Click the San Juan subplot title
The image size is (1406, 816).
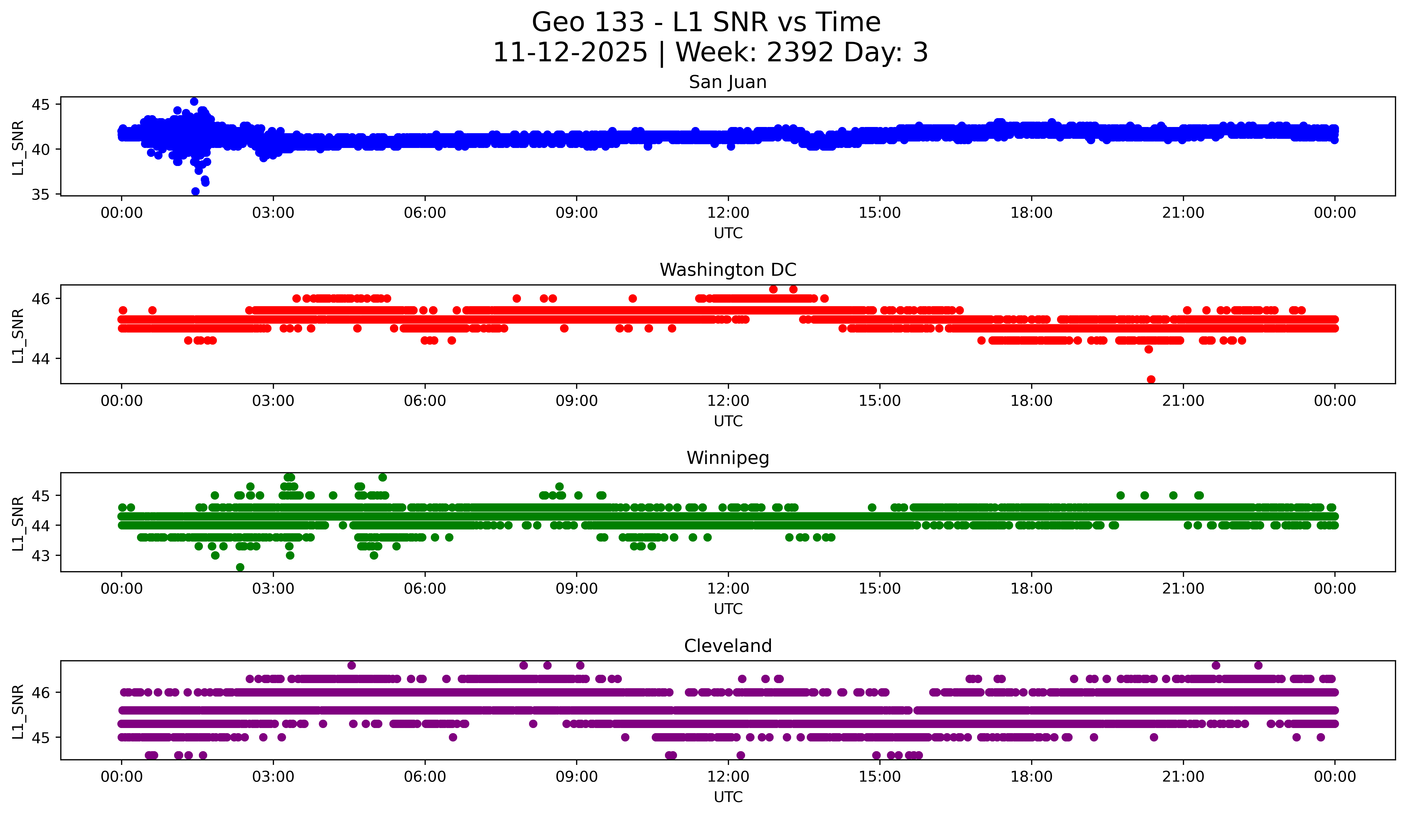pos(728,82)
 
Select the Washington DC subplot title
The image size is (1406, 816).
pos(728,270)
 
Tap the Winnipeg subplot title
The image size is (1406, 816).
pos(728,458)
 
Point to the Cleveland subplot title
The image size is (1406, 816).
pos(728,646)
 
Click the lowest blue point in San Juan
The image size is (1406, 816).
pos(195,191)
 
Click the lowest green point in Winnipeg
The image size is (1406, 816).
pos(240,567)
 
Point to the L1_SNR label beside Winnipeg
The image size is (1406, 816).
pos(18,523)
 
